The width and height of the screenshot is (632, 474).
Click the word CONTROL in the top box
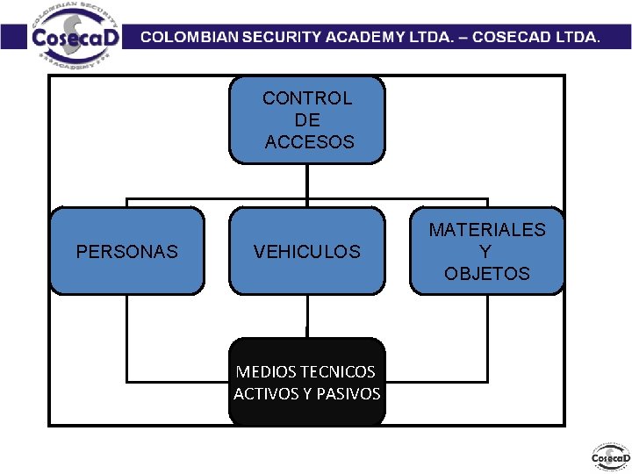pos(307,98)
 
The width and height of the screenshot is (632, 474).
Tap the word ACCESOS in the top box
pos(309,141)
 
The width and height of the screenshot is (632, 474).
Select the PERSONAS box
pos(126,251)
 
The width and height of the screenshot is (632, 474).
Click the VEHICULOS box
pos(306,251)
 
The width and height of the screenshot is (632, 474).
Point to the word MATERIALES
pos(487,230)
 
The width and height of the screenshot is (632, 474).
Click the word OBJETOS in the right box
pos(487,274)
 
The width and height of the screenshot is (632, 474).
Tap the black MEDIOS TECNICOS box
pos(306,382)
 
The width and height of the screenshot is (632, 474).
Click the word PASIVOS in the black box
pos(351,394)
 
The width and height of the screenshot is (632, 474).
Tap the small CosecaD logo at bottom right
pos(610,457)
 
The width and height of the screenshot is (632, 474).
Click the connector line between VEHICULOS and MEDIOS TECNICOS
pos(307,316)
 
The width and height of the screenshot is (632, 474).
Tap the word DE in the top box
pos(307,120)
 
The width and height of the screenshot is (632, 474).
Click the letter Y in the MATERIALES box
pos(487,252)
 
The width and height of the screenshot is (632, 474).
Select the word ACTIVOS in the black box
pos(265,394)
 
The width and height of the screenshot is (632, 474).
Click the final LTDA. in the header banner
pos(575,38)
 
